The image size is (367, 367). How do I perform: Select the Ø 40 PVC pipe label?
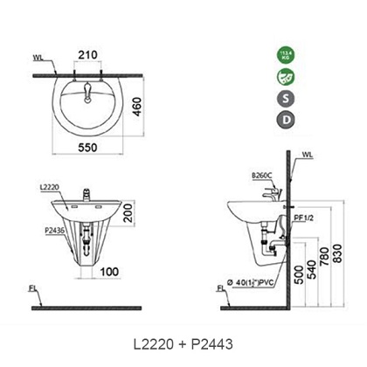pyautogui.click(x=252, y=282)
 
